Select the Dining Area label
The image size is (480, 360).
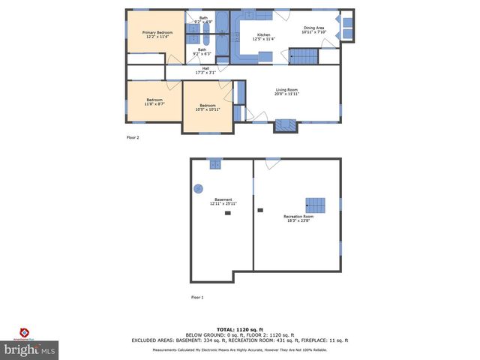pyautogui.click(x=313, y=30)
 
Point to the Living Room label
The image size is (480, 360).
pyautogui.click(x=286, y=92)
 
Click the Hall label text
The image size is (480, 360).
pyautogui.click(x=205, y=70)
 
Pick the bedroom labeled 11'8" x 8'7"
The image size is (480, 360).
pyautogui.click(x=154, y=102)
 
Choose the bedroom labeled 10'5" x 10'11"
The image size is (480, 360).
pyautogui.click(x=207, y=107)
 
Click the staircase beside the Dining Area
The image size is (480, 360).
pyautogui.click(x=304, y=56)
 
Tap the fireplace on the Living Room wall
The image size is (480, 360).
pyautogui.click(x=284, y=125)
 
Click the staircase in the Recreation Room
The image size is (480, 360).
pyautogui.click(x=316, y=205)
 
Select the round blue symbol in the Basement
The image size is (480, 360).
pyautogui.click(x=199, y=189)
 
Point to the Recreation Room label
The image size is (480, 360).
pyautogui.click(x=298, y=218)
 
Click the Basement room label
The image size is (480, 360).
pyautogui.click(x=223, y=201)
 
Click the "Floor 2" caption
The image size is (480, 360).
pyautogui.click(x=132, y=137)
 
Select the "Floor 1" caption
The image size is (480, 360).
pyautogui.click(x=197, y=298)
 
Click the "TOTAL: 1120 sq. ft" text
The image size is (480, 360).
pyautogui.click(x=240, y=329)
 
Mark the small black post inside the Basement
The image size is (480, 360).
pyautogui.click(x=227, y=214)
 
